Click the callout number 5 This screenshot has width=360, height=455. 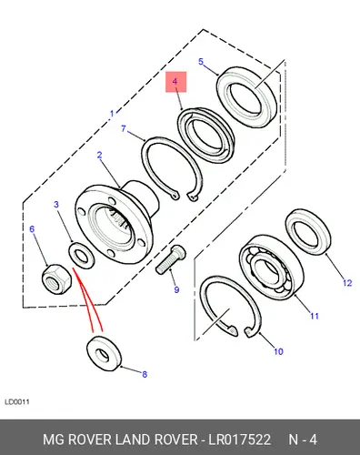[x=201, y=62]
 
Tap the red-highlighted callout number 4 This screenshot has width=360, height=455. [x=175, y=81]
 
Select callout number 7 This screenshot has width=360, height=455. [x=124, y=128]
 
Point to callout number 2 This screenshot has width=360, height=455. [x=100, y=156]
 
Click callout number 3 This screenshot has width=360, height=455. [x=56, y=205]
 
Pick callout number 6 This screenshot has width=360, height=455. [x=32, y=228]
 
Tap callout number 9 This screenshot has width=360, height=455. [x=176, y=289]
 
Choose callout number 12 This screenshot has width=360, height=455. [x=347, y=283]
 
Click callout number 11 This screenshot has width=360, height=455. [x=315, y=316]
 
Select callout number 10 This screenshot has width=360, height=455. [x=278, y=351]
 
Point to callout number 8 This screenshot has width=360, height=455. [x=145, y=374]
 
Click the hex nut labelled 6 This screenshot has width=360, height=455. [x=56, y=279]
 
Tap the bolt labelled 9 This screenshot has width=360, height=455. [x=171, y=259]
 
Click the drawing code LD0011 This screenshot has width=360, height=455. [x=17, y=402]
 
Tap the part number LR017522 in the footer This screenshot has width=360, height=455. [x=239, y=440]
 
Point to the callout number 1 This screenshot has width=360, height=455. [x=112, y=114]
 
